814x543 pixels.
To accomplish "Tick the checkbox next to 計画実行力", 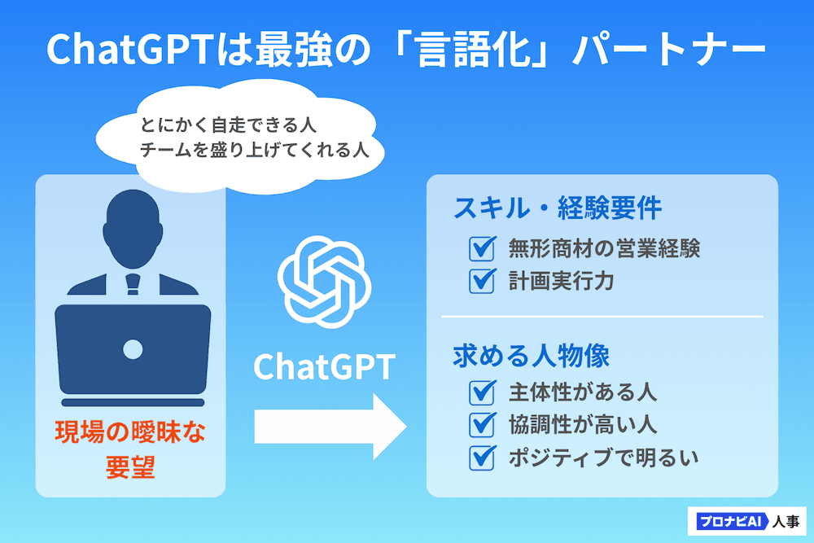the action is coord(482,282).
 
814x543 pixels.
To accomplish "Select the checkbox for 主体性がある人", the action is coord(482,393).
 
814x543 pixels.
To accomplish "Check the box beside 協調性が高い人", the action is coord(482,425).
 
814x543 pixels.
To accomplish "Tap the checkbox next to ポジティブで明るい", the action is coord(482,458).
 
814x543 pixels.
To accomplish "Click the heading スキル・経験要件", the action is coord(558,208).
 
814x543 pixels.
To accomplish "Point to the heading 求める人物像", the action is coord(532,356).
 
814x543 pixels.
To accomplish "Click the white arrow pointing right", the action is coord(330,427).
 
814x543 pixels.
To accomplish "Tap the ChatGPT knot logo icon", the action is coord(325,282).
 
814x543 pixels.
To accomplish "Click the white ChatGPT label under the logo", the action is coord(325,367).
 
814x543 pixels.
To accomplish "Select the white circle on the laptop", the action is coord(133,349).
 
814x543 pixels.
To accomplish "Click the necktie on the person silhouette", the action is coord(133,284).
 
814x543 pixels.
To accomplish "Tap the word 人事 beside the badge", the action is coord(786,521).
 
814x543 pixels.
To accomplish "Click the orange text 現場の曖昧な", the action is coord(130,432).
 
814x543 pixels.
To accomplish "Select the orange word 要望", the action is coord(130,466).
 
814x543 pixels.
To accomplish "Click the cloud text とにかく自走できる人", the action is coord(228,125).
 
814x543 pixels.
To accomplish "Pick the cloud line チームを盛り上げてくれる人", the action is coord(254,150).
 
